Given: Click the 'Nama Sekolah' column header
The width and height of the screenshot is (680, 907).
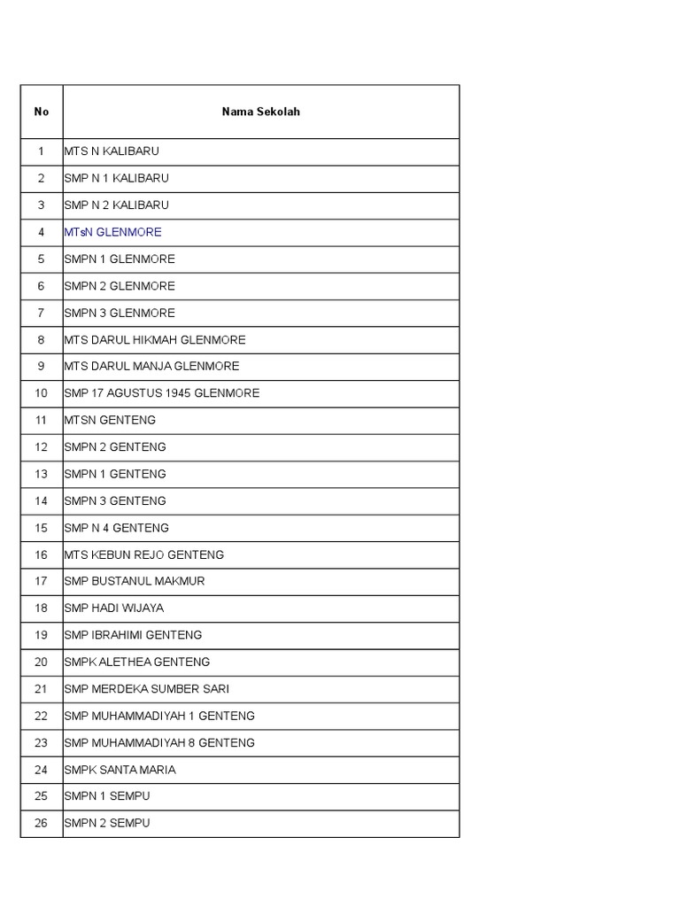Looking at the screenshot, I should click(260, 112).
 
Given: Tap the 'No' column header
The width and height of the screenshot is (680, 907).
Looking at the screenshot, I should click(42, 112).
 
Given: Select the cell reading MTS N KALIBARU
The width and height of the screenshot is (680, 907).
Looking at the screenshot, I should click(112, 151).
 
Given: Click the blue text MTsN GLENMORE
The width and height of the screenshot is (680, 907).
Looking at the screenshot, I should click(112, 232).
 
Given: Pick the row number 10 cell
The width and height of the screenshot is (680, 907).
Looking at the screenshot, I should click(42, 393).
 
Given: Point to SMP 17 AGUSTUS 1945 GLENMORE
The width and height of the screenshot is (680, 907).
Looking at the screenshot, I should click(161, 393).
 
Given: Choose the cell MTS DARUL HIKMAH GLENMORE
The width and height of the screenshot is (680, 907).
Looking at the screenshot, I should click(154, 339).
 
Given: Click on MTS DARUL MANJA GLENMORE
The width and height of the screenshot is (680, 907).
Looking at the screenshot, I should click(151, 366).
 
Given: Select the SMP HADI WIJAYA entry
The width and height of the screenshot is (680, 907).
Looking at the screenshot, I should click(113, 609).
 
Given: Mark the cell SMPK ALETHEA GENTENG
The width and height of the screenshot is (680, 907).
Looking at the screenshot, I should click(136, 662).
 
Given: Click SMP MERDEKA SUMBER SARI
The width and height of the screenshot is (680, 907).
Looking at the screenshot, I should click(146, 689).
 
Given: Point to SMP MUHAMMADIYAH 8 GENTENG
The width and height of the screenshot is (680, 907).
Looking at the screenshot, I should click(159, 742).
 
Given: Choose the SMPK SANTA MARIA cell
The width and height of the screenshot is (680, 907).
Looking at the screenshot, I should click(120, 770).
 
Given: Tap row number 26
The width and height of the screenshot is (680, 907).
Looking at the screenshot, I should click(42, 823).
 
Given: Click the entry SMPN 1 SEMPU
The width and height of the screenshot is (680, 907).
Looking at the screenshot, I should click(107, 796).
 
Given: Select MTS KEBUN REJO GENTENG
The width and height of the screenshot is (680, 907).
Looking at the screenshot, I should click(143, 554).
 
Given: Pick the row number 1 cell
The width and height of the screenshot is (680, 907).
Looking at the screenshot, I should click(42, 151).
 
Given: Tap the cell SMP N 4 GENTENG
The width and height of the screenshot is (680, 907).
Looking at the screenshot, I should click(116, 528).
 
